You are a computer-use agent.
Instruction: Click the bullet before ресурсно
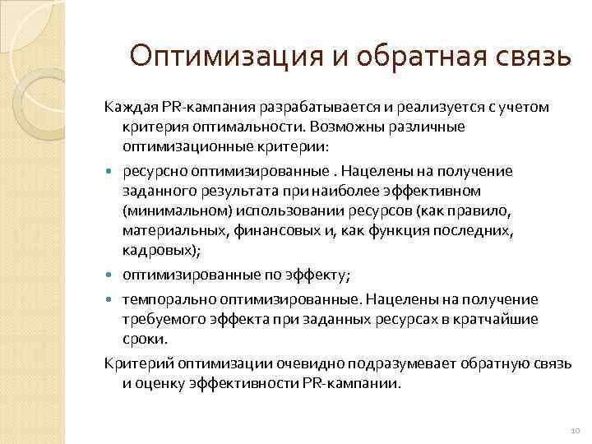112,171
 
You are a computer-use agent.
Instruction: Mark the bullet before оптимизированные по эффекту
112,274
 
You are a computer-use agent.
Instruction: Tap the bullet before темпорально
112,299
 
